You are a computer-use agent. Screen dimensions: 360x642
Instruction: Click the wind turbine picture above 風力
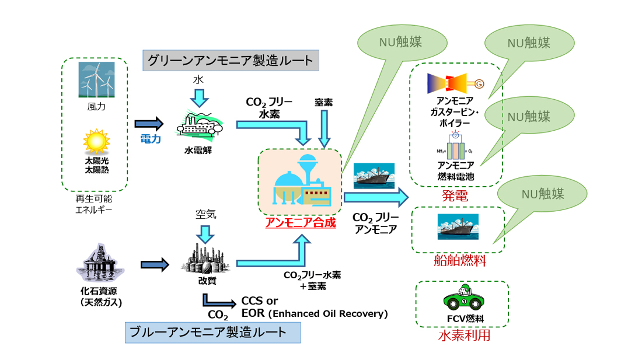pos(96,79)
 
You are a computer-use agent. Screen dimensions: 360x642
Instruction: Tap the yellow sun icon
pos(96,141)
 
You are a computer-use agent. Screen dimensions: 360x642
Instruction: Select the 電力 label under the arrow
pos(149,139)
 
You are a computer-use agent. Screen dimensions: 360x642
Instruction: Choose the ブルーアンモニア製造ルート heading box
pos(212,333)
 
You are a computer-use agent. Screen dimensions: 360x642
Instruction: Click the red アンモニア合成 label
pos(301,222)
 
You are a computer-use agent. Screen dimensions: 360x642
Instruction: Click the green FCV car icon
pos(463,300)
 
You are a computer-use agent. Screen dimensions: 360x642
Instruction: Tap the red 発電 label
pos(455,196)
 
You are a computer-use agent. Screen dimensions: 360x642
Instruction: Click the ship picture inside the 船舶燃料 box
pos(458,226)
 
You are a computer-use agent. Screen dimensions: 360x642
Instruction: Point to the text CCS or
pos(260,301)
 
